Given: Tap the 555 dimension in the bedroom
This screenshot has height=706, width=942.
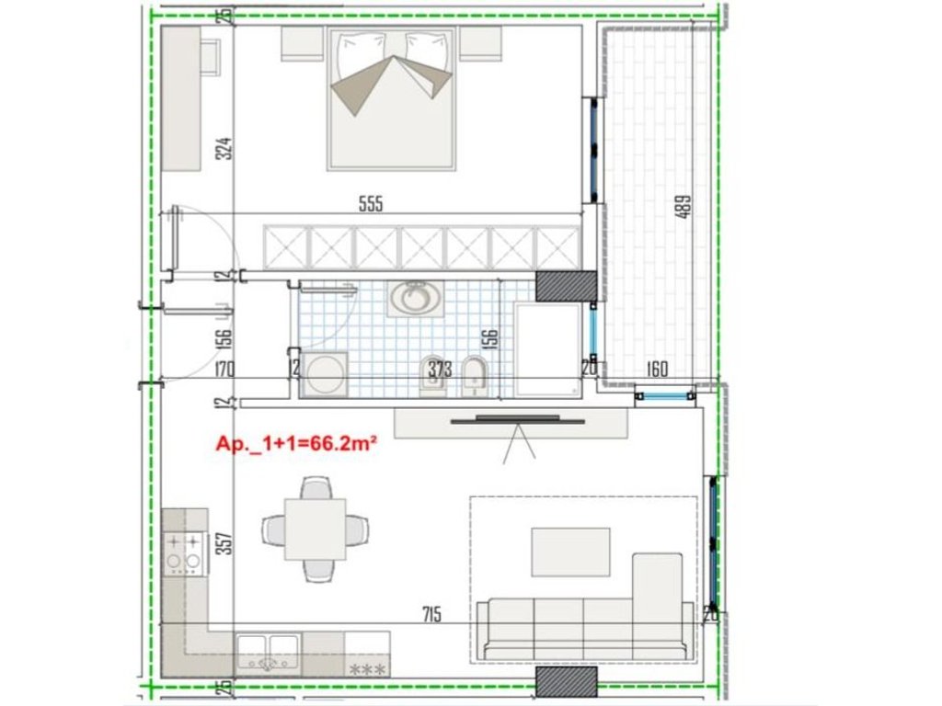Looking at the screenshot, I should tap(371, 204).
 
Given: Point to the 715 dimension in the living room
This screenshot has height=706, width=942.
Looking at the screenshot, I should tap(430, 613).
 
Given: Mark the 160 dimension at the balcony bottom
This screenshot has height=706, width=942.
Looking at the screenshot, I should tap(656, 370).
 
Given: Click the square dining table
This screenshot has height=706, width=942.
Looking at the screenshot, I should tap(315, 529).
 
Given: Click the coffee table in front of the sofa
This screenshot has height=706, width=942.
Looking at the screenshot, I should tap(571, 552).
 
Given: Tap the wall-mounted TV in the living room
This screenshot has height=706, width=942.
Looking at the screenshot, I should tap(518, 420).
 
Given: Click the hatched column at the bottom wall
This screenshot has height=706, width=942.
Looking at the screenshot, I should tap(567, 680).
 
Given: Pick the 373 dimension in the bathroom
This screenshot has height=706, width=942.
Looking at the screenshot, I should tap(440, 370).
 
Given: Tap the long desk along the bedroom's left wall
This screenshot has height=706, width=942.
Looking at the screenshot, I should tap(181, 97).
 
